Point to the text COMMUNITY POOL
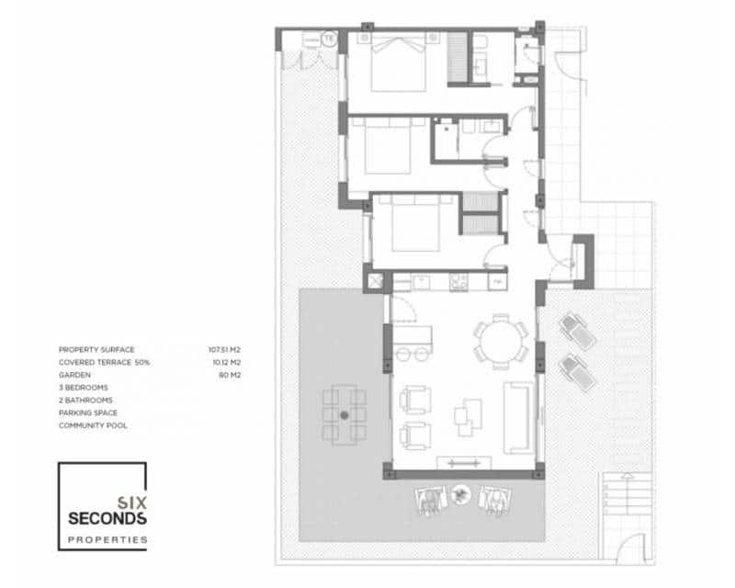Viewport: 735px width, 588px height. [x=93, y=426]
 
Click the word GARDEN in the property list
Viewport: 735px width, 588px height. [x=73, y=375]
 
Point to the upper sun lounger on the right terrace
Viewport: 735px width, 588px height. [x=576, y=329]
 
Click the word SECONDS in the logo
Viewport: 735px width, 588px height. [x=107, y=519]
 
